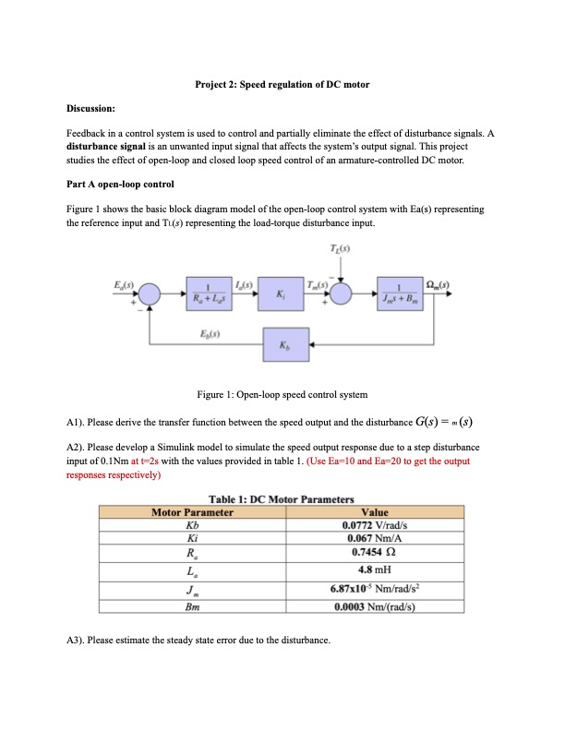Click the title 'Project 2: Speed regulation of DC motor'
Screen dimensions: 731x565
tap(282, 85)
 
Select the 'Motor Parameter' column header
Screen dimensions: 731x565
tap(192, 512)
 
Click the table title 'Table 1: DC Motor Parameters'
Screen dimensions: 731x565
tap(282, 499)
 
